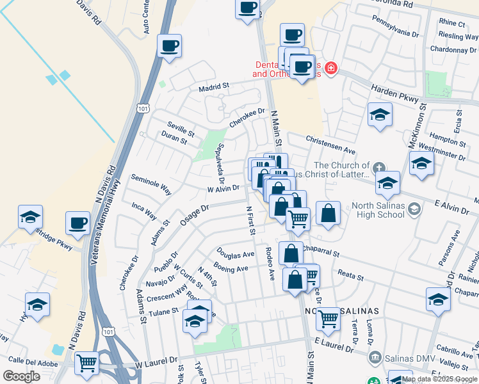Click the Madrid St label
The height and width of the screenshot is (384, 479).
coord(213,87)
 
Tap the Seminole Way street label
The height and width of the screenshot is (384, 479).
coord(151,184)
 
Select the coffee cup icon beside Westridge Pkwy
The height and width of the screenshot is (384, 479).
coord(77,223)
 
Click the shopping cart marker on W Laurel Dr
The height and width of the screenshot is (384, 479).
coord(86,363)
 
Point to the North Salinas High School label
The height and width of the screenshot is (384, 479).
coord(378,210)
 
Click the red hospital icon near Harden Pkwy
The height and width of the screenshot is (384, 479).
coord(330,68)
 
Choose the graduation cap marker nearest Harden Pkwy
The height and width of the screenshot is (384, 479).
coord(380,115)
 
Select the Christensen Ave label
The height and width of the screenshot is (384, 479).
coord(330,144)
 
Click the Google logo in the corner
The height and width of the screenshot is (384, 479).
coord(21,376)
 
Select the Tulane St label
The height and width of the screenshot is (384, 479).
coord(163,312)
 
